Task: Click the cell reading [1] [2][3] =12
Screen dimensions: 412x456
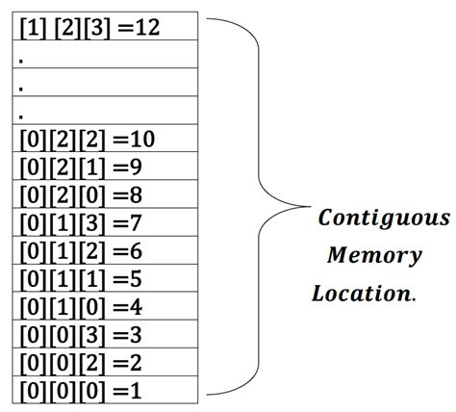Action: (106, 27)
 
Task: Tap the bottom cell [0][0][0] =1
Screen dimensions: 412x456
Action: (106, 389)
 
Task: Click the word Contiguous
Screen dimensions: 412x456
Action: (383, 219)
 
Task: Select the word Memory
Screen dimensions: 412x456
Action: (373, 256)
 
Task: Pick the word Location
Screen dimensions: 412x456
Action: (363, 293)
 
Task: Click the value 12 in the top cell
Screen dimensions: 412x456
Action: (147, 27)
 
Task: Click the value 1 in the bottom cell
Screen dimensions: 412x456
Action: (136, 389)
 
